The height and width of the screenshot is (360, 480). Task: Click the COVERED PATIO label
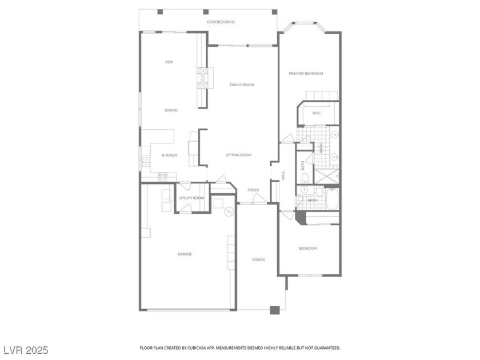221,22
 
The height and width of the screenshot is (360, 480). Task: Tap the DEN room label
169,62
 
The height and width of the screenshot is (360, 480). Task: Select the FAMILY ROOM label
242,85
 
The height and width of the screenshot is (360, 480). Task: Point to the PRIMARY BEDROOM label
306,74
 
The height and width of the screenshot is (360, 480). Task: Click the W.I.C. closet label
317,113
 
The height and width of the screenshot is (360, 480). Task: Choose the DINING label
171,110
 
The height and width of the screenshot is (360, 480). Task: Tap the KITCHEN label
169,155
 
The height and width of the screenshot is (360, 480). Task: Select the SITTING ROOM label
239,155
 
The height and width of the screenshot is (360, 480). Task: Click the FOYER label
253,190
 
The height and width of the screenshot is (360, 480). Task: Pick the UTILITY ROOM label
191,198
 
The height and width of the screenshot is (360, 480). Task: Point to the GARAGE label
185,254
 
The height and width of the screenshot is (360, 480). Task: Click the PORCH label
258,260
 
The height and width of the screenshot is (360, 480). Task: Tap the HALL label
283,175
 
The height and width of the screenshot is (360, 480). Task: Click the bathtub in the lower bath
332,199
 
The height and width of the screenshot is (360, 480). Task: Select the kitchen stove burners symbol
162,177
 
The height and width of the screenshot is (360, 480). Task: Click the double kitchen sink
146,162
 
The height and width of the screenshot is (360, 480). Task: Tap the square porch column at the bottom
275,310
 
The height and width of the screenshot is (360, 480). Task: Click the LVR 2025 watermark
26,350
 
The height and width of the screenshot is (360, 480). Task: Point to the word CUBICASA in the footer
204,348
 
